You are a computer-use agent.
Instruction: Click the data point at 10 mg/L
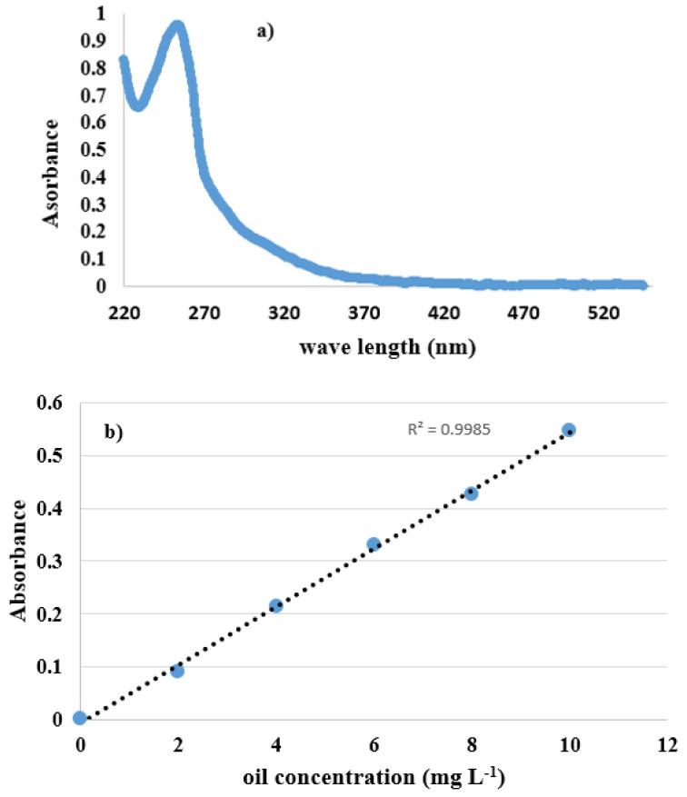click(569, 430)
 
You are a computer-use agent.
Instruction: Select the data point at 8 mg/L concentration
click(471, 493)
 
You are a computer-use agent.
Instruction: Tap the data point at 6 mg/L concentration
click(373, 544)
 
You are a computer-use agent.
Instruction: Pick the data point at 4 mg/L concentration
click(276, 605)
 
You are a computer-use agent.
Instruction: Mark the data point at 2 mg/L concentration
click(177, 671)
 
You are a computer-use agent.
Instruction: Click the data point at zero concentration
click(80, 718)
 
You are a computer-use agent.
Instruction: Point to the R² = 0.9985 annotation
click(449, 429)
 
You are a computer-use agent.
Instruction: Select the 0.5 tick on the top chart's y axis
click(92, 149)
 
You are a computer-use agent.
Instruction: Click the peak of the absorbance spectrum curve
click(178, 26)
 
